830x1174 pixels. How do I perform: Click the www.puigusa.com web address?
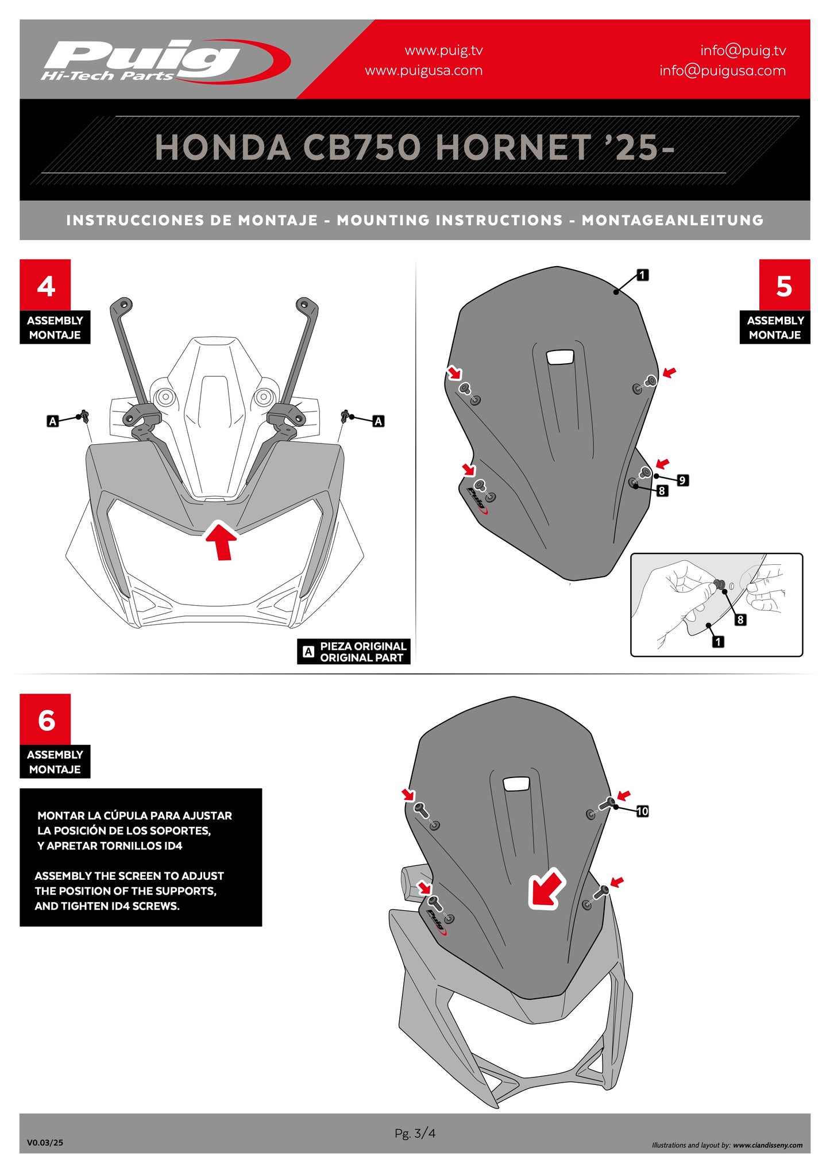423,71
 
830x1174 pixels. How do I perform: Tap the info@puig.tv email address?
742,51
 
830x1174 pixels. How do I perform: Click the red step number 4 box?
45,285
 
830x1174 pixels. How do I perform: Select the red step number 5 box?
783,285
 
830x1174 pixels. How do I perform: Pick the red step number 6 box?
45,719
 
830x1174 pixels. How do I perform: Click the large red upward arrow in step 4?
222,540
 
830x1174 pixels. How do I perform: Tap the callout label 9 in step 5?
682,480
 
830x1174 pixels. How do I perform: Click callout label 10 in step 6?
642,811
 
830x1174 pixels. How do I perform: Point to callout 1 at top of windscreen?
642,275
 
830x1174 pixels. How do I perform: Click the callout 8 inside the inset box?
740,619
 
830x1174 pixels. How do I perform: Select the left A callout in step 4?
52,421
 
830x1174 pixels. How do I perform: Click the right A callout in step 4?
378,421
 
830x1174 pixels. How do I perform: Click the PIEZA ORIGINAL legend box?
354,652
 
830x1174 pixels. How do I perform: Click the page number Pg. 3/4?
415,1133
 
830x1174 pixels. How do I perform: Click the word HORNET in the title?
514,148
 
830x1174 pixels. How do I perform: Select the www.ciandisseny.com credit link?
767,1145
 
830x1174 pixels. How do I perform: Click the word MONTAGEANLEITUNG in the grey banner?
672,220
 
